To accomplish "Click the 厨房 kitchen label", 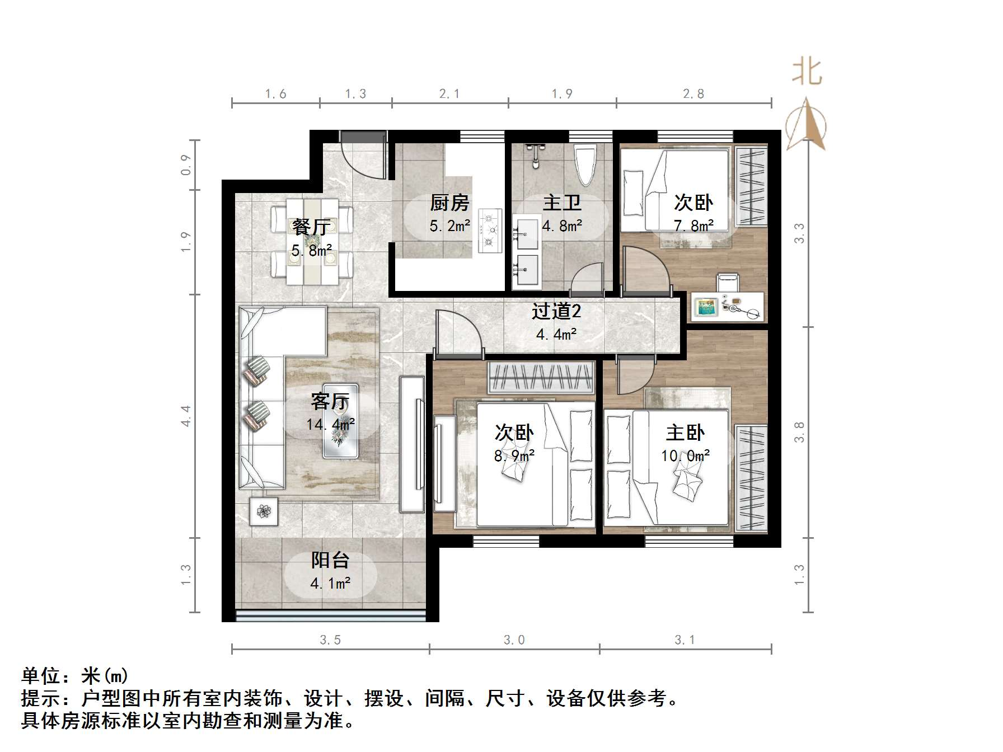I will (449, 203).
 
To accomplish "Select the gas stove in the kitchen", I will (490, 231).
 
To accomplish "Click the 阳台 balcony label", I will (330, 560).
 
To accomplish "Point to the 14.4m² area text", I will (330, 425).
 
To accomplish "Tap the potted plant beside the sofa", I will (264, 511).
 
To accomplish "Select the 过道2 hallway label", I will (556, 311).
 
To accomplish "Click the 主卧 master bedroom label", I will (685, 433).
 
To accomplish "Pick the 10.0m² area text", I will (685, 456).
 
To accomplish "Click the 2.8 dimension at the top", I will (693, 94).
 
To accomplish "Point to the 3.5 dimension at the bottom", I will (330, 640).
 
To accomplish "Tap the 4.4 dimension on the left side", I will (186, 416).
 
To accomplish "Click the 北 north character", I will (807, 73).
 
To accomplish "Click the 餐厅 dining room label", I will (311, 227).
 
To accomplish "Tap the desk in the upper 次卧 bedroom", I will (727, 307).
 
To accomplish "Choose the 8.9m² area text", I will (514, 456).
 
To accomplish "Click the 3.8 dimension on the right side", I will (799, 432).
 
